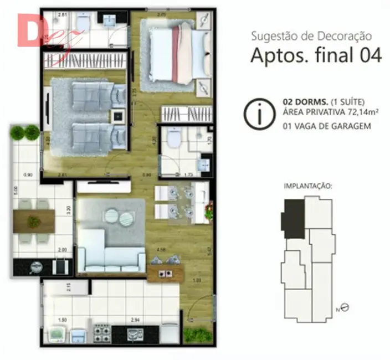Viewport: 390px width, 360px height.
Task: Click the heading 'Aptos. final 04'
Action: [316, 56]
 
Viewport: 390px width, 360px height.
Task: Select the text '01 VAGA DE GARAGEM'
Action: [326, 126]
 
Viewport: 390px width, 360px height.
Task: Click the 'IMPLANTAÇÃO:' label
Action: [307, 187]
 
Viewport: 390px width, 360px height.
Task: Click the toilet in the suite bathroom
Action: [173, 138]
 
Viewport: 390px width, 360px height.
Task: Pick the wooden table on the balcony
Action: [34, 220]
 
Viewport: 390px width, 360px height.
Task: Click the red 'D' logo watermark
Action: [32, 32]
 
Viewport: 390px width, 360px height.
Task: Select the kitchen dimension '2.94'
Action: [135, 320]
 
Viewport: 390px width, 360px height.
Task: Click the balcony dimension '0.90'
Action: [28, 175]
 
